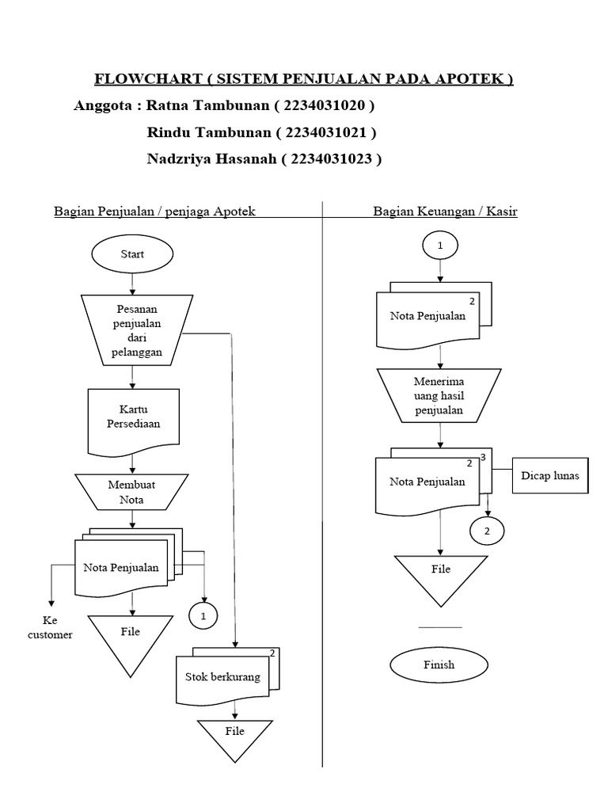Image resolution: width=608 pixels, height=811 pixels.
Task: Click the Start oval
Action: [132, 254]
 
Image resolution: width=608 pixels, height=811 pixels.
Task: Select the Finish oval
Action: [438, 664]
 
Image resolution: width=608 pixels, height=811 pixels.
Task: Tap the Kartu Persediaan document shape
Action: [133, 417]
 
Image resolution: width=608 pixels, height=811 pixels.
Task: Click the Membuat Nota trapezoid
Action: [132, 492]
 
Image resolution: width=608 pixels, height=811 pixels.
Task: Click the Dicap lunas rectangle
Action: [549, 476]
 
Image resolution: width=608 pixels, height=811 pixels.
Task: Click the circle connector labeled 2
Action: [487, 531]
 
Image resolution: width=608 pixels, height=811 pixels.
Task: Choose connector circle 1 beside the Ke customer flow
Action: [203, 615]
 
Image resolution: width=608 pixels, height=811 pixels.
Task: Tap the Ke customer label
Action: [50, 628]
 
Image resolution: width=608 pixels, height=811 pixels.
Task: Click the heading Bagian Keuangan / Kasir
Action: [445, 211]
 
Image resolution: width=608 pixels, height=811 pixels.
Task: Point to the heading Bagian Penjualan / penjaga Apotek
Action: [154, 211]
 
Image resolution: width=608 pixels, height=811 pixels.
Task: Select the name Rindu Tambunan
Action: [208, 131]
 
